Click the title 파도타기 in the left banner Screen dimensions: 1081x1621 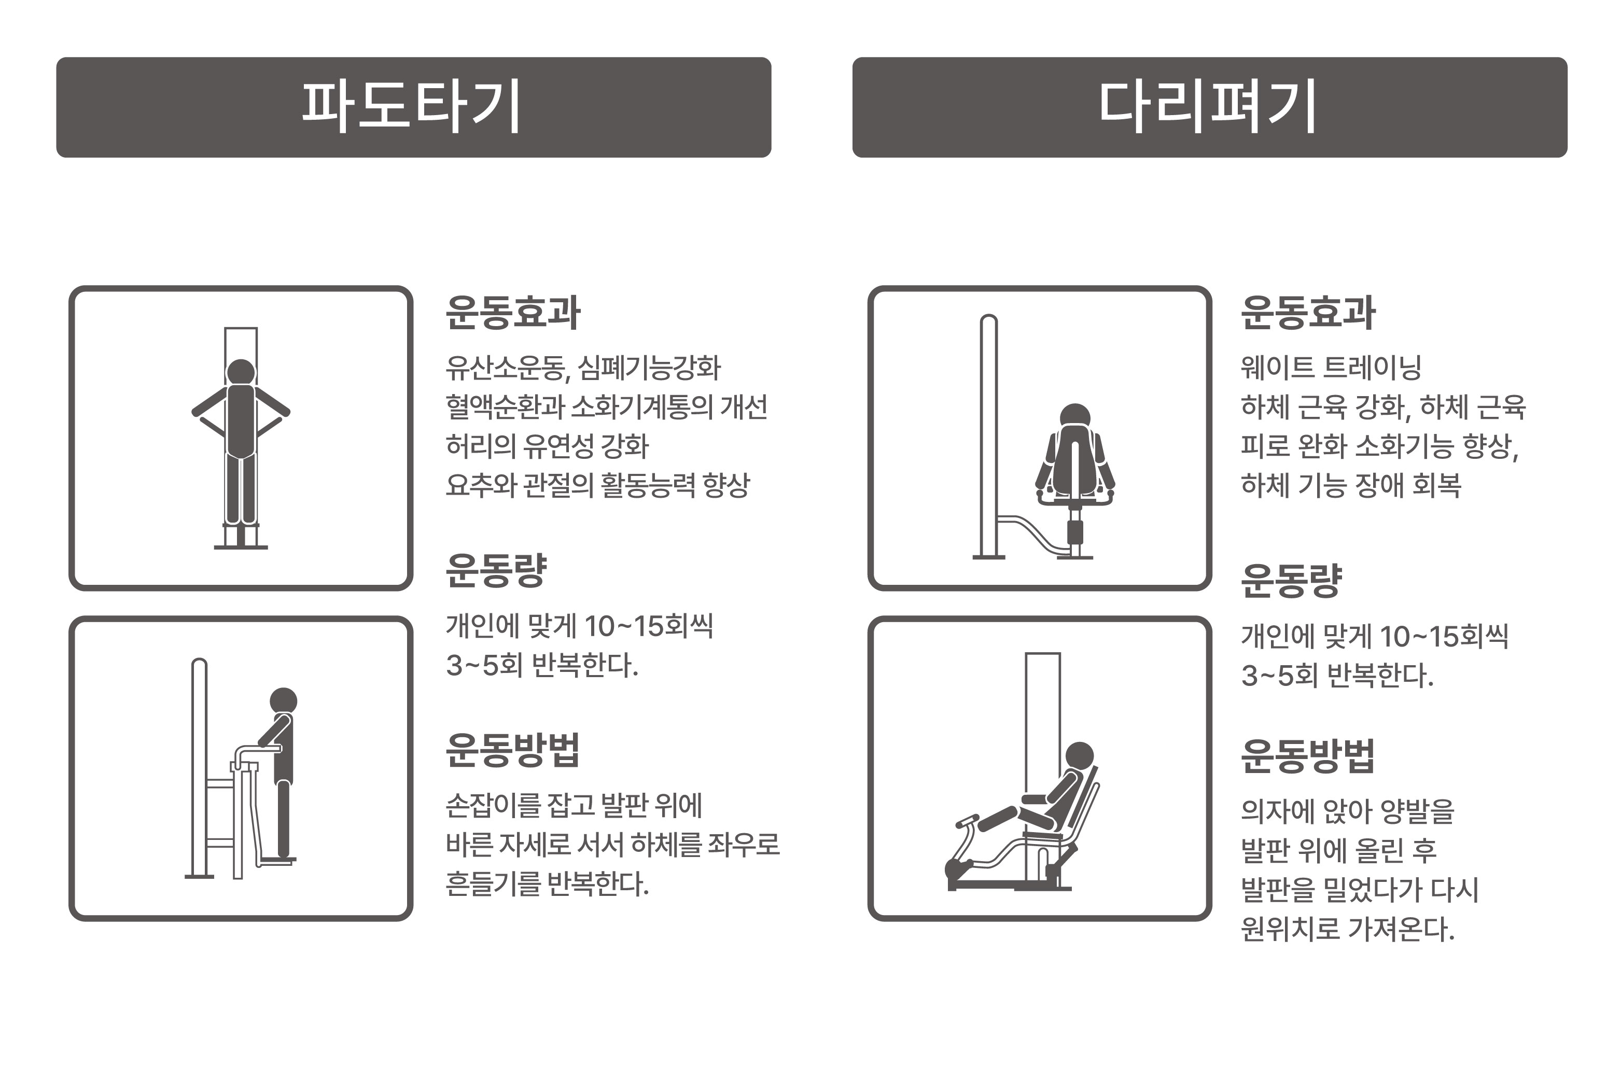pos(412,107)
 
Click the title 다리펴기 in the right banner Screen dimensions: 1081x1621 pos(1208,107)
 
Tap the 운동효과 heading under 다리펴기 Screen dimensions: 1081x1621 pos(1307,313)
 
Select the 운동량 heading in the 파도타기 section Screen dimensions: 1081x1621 pos(496,571)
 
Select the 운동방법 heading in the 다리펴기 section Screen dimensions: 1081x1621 pos(1307,756)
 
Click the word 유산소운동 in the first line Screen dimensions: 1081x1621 pos(505,368)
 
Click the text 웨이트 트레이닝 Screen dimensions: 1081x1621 pos(1330,368)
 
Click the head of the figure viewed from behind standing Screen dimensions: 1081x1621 pos(241,372)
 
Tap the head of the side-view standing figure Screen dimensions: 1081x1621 pos(283,701)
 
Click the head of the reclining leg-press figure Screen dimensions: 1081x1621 pos(1079,755)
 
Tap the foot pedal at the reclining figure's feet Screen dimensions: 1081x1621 pos(967,820)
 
